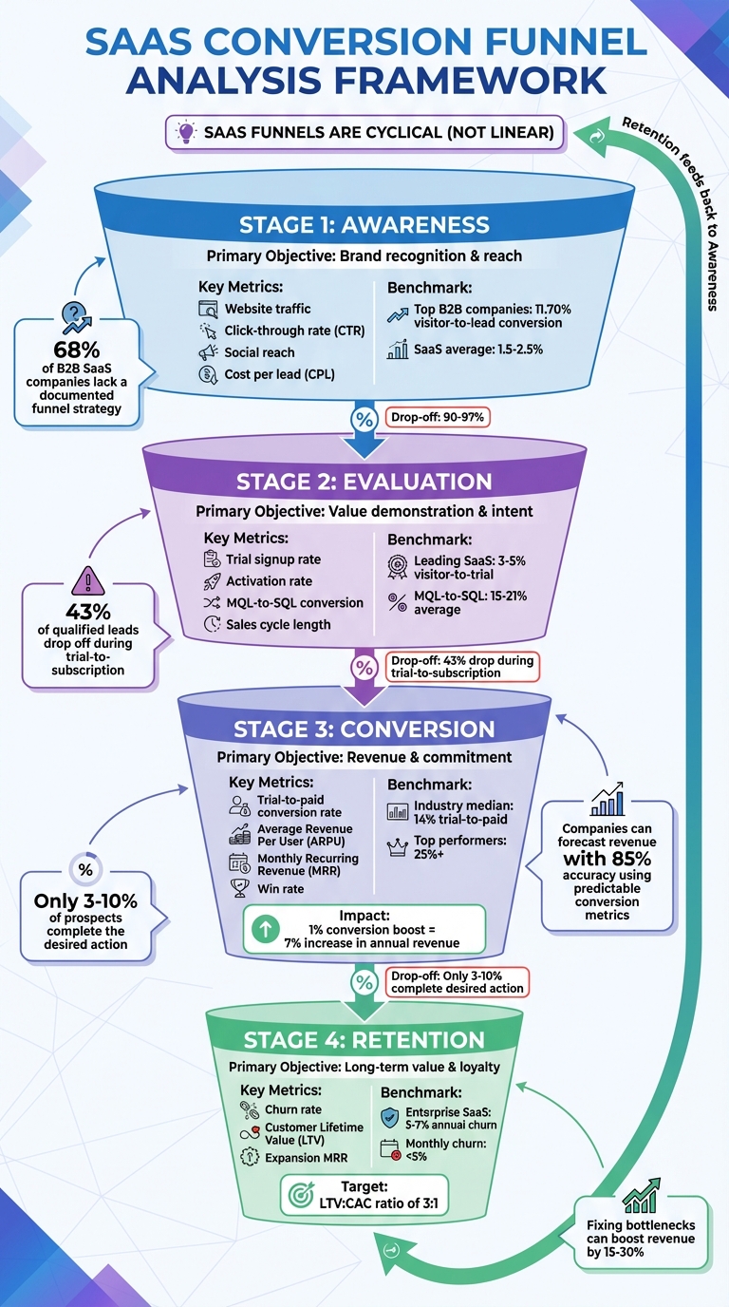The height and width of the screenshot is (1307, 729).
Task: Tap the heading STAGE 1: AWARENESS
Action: [364, 225]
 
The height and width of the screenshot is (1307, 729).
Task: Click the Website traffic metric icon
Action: [208, 309]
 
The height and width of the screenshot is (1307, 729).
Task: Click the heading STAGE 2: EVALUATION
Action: [364, 481]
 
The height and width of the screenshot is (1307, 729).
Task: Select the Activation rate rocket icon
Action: [212, 581]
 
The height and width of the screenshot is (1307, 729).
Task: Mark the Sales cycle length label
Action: [278, 624]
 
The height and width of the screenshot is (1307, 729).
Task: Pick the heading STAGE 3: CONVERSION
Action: [364, 729]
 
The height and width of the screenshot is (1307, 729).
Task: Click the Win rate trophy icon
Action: [239, 888]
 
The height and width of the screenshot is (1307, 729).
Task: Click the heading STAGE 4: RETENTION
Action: [364, 1040]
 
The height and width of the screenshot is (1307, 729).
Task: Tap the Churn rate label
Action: [292, 1109]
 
